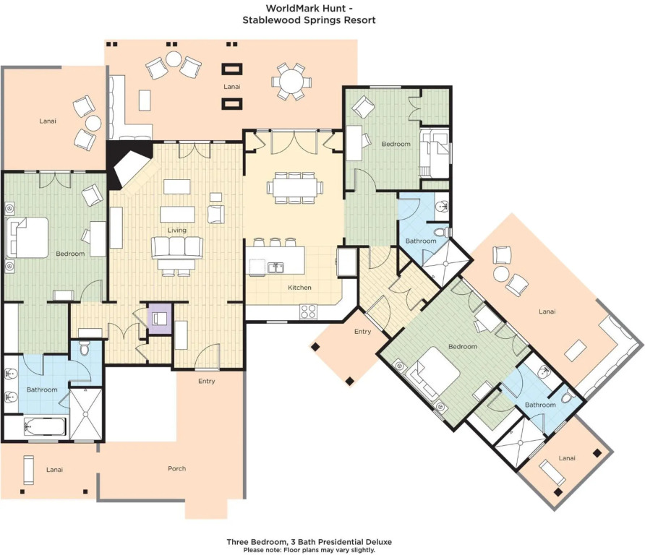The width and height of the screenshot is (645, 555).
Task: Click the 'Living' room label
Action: pos(177,231)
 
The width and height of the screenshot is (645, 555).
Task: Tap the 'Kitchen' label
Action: pos(299,288)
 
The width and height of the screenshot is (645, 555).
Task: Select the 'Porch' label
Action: pos(177,468)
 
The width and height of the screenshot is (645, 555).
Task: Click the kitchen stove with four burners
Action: pos(308,311)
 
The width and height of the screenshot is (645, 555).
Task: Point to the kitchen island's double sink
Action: pos(275,267)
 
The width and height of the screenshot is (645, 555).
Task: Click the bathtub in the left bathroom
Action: pos(45,427)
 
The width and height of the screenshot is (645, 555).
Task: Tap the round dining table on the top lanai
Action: pos(291,81)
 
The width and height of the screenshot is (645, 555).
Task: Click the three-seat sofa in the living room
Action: pos(177,247)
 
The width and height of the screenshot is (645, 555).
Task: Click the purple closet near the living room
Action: pos(160,319)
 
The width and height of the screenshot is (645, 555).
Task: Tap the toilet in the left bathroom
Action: pos(85,348)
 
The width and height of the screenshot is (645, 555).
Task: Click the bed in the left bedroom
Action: pos(27,238)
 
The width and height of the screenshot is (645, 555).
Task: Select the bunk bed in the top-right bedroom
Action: pos(435,153)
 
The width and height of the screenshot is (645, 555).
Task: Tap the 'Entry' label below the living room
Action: pos(207,381)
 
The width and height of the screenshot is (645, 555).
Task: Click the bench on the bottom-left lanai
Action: pos(28,470)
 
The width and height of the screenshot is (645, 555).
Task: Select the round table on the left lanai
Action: pos(93,123)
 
